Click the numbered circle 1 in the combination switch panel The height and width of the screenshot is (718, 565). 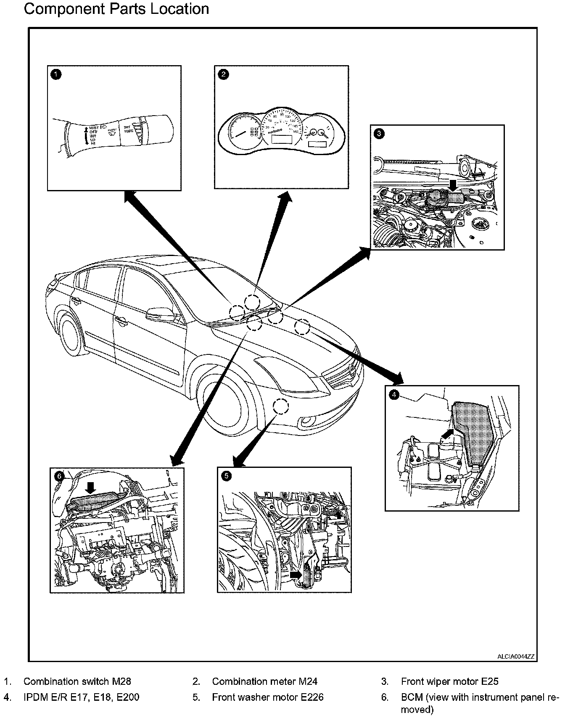pos(55,74)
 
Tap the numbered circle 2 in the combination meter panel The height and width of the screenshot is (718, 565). pos(223,74)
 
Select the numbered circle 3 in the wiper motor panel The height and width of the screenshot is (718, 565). pos(379,134)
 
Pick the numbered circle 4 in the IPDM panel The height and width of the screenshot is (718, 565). pos(393,395)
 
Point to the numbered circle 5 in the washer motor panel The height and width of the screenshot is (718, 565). pos(226,476)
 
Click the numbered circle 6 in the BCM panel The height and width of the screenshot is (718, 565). pos(59,476)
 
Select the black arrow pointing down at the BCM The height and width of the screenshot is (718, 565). pos(90,488)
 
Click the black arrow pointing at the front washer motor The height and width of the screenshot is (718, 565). pos(296,574)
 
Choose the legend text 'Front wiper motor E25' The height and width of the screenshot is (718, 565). pos(449,681)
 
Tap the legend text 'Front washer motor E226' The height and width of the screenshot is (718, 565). pos(268,697)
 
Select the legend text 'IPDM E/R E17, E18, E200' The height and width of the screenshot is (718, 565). pos(81,697)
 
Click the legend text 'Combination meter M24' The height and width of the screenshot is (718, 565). pos(264,681)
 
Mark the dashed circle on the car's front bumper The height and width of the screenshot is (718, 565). pos(281,406)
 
